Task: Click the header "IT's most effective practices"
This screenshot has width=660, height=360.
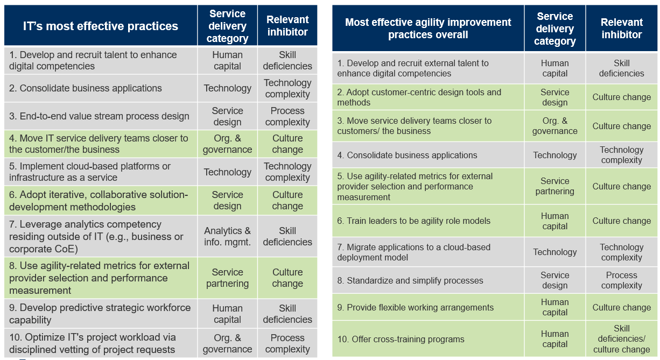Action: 101,26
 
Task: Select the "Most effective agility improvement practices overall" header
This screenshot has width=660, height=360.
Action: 428,29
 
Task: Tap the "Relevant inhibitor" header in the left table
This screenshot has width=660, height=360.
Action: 287,26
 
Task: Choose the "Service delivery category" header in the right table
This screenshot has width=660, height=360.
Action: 554,29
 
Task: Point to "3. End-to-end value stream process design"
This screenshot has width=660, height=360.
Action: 99,116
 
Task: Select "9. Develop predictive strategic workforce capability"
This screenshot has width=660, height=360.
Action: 100,314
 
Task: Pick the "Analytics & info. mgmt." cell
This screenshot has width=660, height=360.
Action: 227,236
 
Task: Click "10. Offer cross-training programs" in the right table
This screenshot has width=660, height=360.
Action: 401,339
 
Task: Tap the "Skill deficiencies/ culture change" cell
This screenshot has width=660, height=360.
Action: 621,339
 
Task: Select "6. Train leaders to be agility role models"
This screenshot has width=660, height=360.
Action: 414,221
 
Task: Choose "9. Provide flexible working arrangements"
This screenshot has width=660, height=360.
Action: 415,308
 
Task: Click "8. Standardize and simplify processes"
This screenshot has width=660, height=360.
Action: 410,280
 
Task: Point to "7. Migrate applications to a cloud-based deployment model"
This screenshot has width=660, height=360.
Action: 413,252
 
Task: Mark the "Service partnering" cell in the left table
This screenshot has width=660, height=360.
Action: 227,278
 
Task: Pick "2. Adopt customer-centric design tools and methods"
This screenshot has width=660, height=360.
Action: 419,97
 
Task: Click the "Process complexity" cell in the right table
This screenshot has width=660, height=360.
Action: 621,280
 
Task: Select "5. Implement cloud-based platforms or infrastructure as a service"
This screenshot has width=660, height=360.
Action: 89,172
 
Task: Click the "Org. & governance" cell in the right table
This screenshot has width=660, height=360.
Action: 554,126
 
